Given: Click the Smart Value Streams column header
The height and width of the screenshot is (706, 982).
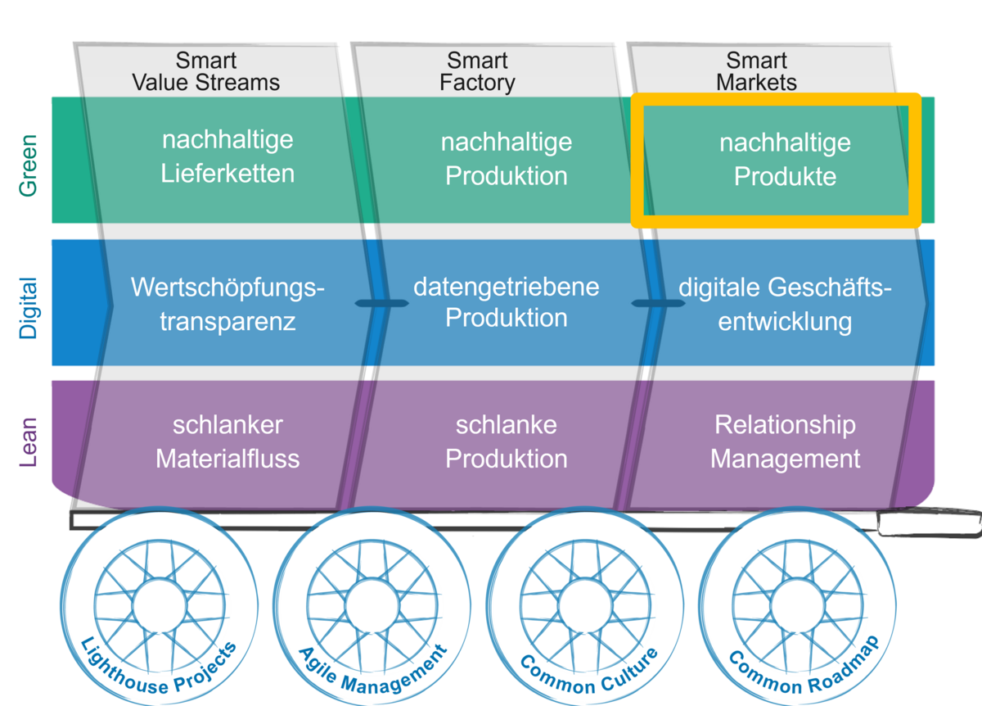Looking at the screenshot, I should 205,72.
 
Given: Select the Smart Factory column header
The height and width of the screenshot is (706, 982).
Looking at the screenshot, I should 477,72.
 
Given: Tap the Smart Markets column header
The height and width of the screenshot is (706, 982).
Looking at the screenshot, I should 756,72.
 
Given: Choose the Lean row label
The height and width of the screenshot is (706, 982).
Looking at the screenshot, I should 29,443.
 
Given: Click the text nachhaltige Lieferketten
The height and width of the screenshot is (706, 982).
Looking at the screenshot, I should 227,156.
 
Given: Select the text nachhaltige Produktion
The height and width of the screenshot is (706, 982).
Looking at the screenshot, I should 507,159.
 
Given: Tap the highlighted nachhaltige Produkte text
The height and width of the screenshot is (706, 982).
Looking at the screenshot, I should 785,160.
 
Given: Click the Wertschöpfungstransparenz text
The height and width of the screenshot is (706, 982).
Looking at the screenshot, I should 227,304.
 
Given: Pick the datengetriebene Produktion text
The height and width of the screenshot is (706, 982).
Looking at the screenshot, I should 507,302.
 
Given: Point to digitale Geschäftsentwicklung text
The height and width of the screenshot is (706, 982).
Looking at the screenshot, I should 785,304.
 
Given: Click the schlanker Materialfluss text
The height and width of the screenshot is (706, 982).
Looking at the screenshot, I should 227,441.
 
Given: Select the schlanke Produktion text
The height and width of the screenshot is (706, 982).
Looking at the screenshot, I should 507,441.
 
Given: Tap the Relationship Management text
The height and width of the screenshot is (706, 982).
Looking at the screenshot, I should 785,441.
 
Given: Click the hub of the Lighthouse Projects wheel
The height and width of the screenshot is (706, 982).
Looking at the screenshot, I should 159,607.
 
